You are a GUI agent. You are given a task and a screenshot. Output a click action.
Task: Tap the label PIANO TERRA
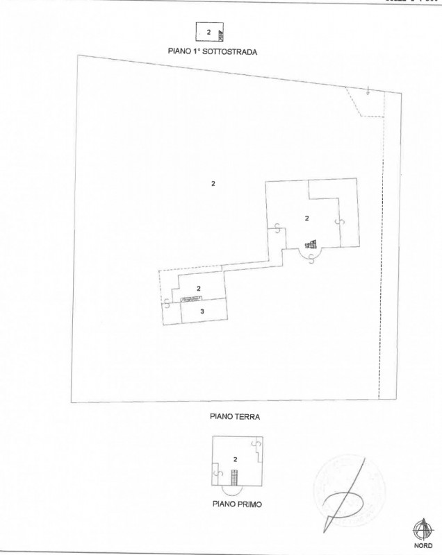pos(230,417)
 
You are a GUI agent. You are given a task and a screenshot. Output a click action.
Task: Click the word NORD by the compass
pos(424,545)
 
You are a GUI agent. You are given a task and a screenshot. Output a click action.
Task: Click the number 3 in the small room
pos(202,311)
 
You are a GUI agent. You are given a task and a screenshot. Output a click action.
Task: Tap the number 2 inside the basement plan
pos(208,32)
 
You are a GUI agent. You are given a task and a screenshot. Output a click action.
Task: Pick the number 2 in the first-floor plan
pos(236,459)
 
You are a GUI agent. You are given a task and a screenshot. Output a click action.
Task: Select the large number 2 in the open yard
pos(213,183)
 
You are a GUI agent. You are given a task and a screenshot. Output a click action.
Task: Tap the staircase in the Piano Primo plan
pos(235,478)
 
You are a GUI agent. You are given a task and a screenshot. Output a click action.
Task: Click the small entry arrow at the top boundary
pos(368,89)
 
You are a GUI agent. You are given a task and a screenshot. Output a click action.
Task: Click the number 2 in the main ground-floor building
pos(306,218)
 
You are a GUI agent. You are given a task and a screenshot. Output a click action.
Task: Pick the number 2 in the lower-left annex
pos(199,288)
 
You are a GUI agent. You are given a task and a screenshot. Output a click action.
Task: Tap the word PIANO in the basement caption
pos(181,51)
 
